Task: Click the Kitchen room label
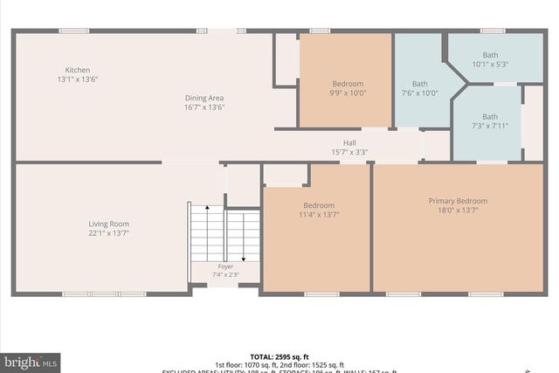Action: pyautogui.click(x=78, y=70)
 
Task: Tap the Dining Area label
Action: pyautogui.click(x=204, y=98)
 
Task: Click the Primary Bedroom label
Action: pyautogui.click(x=458, y=201)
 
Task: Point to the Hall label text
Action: pyautogui.click(x=349, y=142)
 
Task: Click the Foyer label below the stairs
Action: pyautogui.click(x=225, y=266)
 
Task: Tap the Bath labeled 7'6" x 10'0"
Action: pyautogui.click(x=420, y=84)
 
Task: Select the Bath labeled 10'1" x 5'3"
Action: pyautogui.click(x=490, y=55)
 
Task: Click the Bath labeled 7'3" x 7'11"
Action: pyautogui.click(x=489, y=116)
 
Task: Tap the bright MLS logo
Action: pyautogui.click(x=31, y=361)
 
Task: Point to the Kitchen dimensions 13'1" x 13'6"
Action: pyautogui.click(x=77, y=79)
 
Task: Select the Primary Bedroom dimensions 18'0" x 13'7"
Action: pyautogui.click(x=458, y=211)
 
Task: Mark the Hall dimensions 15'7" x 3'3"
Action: pyautogui.click(x=349, y=152)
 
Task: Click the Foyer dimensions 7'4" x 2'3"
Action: pyautogui.click(x=225, y=275)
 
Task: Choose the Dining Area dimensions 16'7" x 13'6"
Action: pyautogui.click(x=204, y=107)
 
